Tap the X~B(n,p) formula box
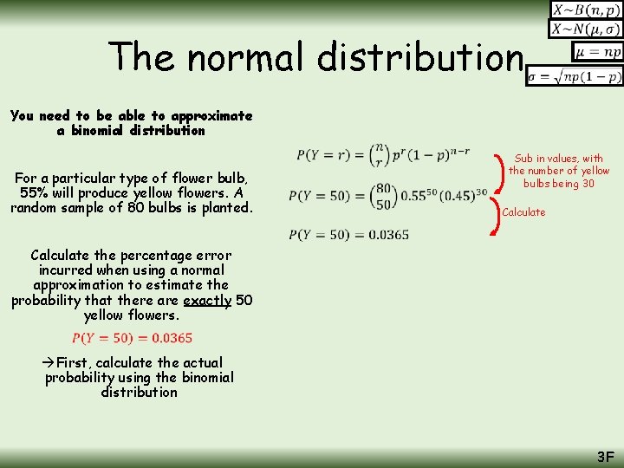(586, 10)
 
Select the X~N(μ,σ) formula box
(586, 29)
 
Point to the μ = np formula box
(597, 52)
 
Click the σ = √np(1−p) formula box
(575, 76)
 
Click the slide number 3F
(605, 456)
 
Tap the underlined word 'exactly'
(207, 300)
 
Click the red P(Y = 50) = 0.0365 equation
(132, 338)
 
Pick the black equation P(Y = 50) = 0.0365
(348, 234)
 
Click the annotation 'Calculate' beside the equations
(523, 212)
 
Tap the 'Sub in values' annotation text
(558, 171)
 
